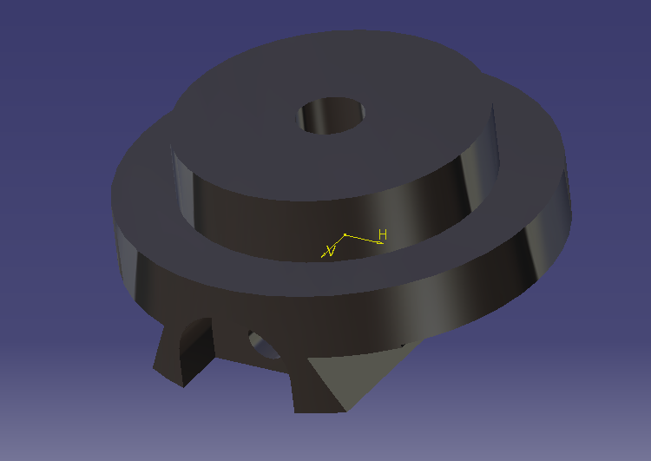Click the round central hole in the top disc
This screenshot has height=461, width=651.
pyautogui.click(x=332, y=115)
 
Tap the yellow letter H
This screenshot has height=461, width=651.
pyautogui.click(x=383, y=234)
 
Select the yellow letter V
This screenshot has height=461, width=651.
pyautogui.click(x=329, y=252)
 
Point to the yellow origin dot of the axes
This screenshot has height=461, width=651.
pyautogui.click(x=345, y=234)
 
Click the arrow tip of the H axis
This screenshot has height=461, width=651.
pyautogui.click(x=381, y=243)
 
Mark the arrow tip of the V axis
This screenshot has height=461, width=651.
pyautogui.click(x=323, y=257)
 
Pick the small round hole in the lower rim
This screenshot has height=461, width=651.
pyautogui.click(x=264, y=345)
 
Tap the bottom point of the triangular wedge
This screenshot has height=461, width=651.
pyautogui.click(x=345, y=410)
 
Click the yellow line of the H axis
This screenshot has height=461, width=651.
pyautogui.click(x=364, y=239)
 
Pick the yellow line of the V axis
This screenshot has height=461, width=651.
pyautogui.click(x=335, y=245)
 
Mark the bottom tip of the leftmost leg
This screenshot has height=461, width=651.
pyautogui.click(x=182, y=382)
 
